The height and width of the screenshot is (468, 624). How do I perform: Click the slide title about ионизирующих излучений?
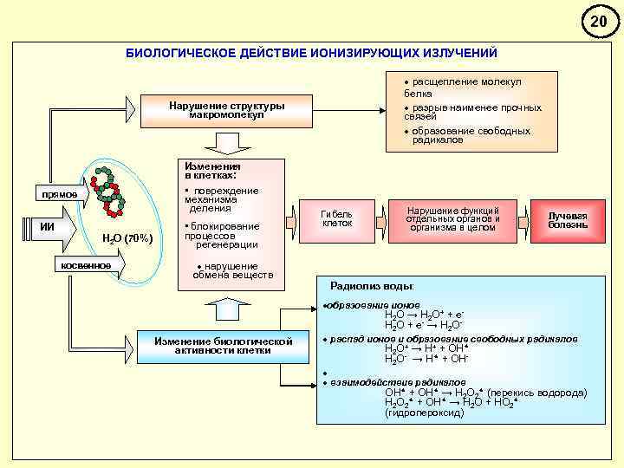pyautogui.click(x=312, y=54)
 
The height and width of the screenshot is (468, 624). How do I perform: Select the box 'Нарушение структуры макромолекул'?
pyautogui.click(x=227, y=111)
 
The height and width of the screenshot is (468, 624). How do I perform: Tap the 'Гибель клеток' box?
pyautogui.click(x=337, y=218)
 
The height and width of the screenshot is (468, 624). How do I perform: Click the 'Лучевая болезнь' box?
pyautogui.click(x=568, y=220)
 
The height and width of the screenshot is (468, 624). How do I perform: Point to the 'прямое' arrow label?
pyautogui.click(x=56, y=194)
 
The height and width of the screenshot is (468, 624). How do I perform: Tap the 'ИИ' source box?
pyautogui.click(x=48, y=227)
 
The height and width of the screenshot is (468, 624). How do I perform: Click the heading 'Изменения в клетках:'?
pyautogui.click(x=209, y=170)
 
